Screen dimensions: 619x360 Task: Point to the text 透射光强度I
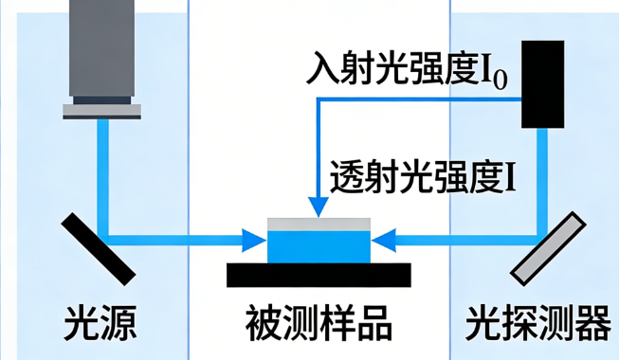[x=423, y=176]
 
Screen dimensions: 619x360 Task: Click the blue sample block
[x=319, y=246]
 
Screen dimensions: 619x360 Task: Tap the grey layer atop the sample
[x=319, y=225]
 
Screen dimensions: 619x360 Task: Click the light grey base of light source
[x=101, y=110]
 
